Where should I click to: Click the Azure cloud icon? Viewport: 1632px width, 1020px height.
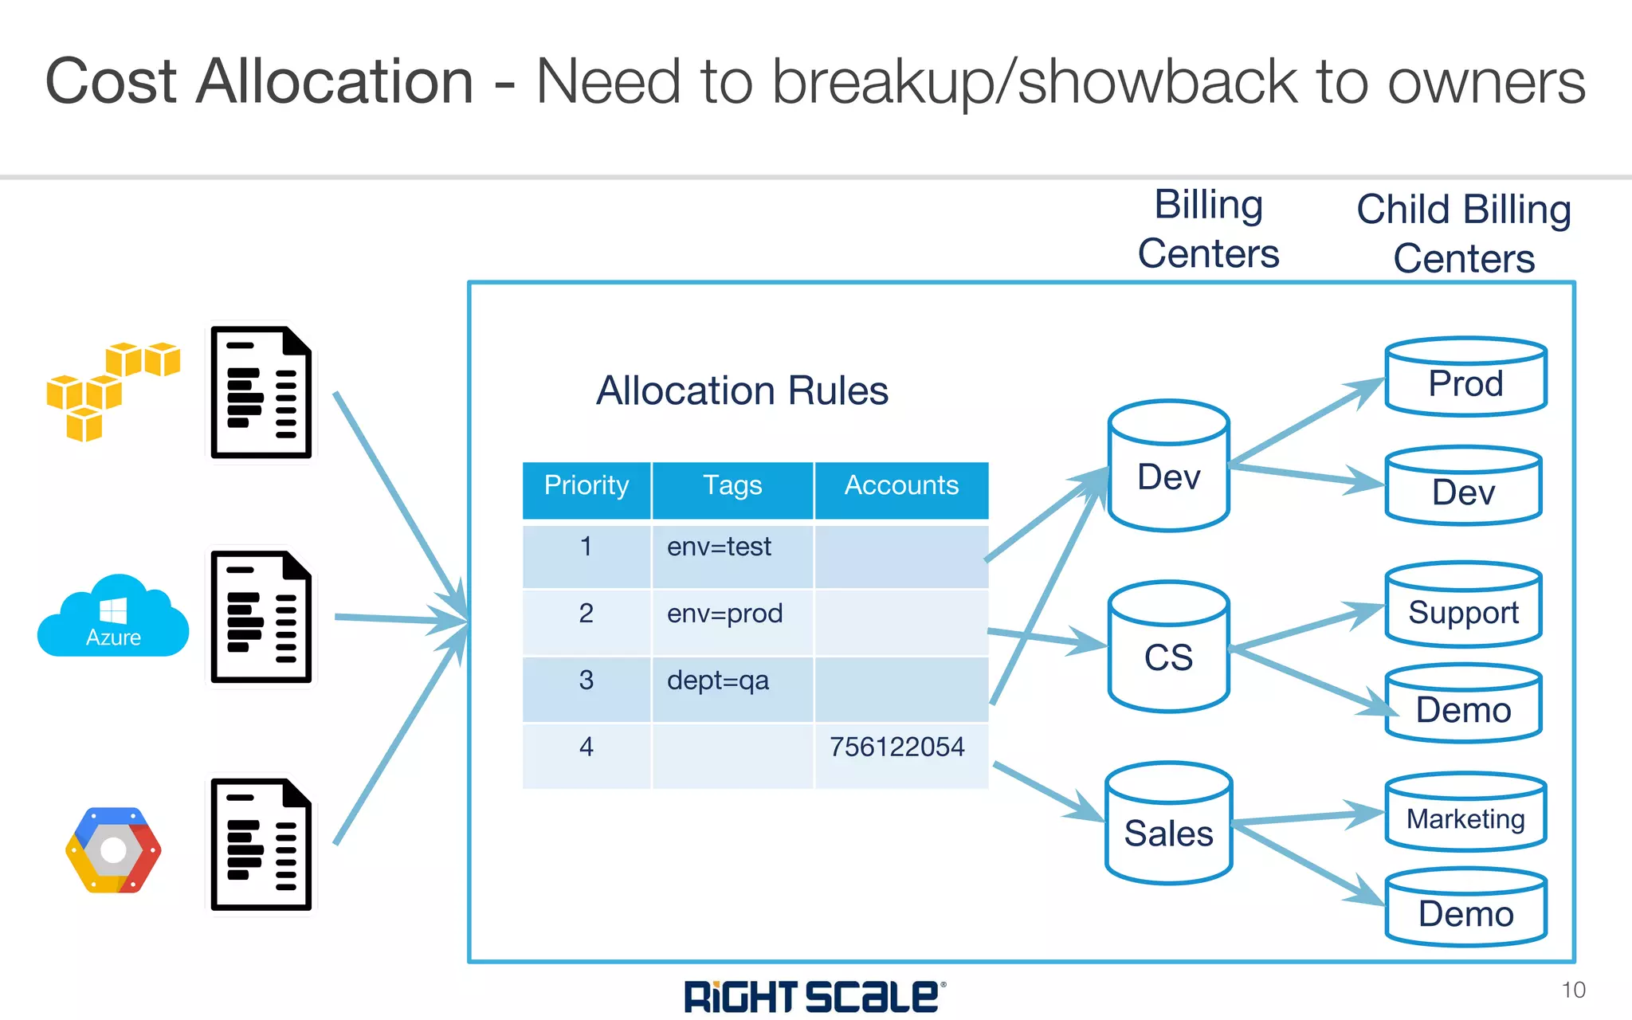(x=113, y=618)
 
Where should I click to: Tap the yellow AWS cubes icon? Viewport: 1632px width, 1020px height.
(x=112, y=390)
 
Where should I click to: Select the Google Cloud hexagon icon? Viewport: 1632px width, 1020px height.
(x=113, y=849)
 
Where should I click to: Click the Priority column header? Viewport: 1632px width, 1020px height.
(x=586, y=486)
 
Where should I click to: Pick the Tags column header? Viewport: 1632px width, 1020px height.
(x=732, y=486)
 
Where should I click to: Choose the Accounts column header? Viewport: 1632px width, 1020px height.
(x=901, y=486)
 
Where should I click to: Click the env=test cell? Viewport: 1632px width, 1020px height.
(x=719, y=547)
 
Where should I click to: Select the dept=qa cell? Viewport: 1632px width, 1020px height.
(x=717, y=681)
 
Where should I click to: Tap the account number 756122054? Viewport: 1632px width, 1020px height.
(x=896, y=747)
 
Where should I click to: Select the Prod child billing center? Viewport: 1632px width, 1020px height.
(x=1465, y=379)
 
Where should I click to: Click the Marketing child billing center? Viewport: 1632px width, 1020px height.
(x=1465, y=814)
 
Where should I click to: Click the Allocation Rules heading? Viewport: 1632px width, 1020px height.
(x=742, y=390)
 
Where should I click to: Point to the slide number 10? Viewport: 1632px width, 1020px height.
(x=1573, y=991)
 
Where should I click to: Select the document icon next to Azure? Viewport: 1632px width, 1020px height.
(x=261, y=618)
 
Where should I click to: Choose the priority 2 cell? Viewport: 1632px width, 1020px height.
(x=586, y=614)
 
